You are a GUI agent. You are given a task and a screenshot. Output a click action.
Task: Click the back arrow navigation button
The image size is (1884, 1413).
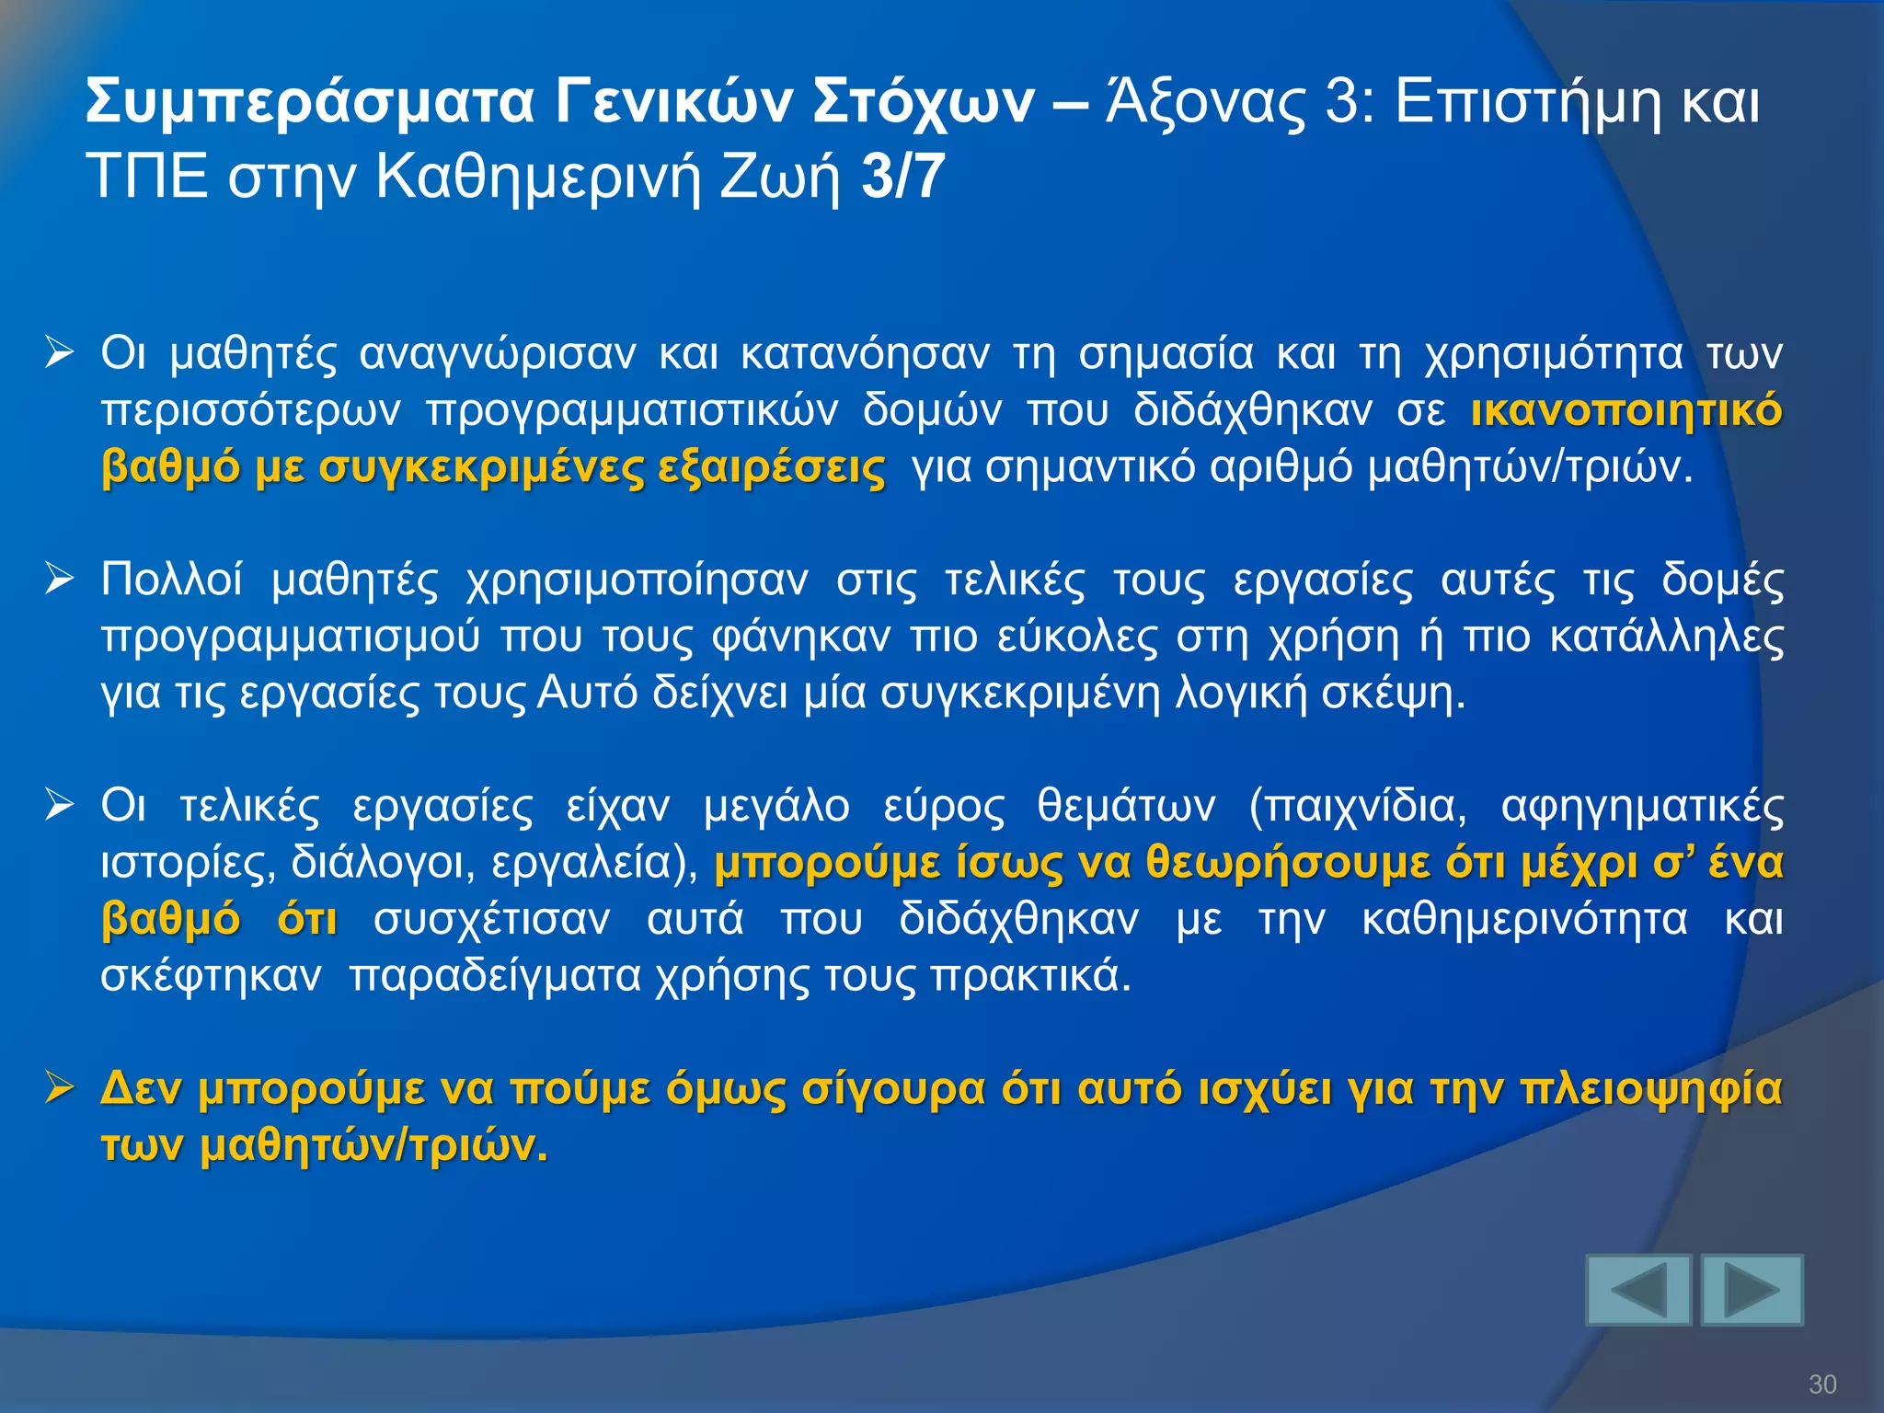coord(1638,1290)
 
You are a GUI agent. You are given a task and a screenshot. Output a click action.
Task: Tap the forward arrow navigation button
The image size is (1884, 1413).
coord(1752,1290)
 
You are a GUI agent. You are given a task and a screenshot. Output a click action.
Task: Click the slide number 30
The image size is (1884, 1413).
coord(1822,1384)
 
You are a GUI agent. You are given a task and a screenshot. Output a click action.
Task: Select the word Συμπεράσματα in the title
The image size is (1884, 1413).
coord(310,101)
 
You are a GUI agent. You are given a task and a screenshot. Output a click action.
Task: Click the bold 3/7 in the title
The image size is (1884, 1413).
coord(902,177)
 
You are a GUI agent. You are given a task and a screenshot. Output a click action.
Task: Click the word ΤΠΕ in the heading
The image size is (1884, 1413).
coord(146,177)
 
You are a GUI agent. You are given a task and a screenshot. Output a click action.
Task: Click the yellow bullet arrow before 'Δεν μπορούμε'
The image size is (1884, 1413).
coord(59,1089)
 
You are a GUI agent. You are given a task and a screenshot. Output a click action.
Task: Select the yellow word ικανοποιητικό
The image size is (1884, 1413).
coord(1626,410)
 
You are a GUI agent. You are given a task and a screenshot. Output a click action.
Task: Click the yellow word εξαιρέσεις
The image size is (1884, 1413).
coord(771,467)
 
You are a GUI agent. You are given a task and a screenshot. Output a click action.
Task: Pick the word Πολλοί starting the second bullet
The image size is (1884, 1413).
coord(171,580)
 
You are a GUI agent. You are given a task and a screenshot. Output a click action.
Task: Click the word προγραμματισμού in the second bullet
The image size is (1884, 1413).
coord(291,637)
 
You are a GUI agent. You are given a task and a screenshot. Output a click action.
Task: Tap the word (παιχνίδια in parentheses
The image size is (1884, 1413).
coord(1357,806)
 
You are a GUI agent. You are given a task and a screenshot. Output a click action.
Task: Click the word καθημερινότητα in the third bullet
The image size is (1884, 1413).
coord(1524,919)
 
